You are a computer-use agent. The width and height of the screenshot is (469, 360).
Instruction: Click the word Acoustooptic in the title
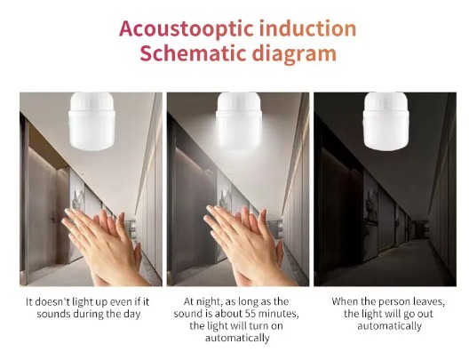pyautogui.click(x=187, y=29)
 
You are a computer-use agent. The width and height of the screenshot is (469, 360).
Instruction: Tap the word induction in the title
pyautogui.click(x=307, y=28)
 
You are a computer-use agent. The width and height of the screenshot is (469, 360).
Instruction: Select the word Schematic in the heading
pyautogui.click(x=193, y=53)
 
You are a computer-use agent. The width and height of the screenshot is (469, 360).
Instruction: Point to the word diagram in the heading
pyautogui.click(x=294, y=55)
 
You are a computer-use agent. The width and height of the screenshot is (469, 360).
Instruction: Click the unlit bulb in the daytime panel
pyautogui.click(x=91, y=121)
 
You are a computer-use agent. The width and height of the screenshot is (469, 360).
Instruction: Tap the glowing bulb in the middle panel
pyautogui.click(x=239, y=121)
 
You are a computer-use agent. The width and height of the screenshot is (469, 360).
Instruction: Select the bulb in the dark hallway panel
pyautogui.click(x=386, y=121)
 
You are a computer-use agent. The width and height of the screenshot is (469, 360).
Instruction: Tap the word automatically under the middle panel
pyautogui.click(x=237, y=338)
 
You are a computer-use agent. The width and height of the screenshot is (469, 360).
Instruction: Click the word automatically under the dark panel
pyautogui.click(x=389, y=326)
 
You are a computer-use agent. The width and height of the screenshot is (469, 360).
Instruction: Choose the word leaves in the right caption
pyautogui.click(x=430, y=301)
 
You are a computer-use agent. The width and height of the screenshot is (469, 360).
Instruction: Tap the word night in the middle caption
pyautogui.click(x=211, y=301)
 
